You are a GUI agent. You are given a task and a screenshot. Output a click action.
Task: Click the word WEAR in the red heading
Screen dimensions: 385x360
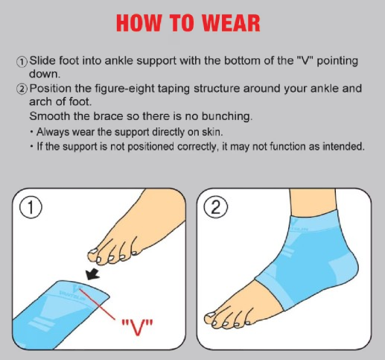[x=231, y=23]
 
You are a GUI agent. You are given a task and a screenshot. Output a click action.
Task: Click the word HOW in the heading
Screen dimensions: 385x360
[x=139, y=23]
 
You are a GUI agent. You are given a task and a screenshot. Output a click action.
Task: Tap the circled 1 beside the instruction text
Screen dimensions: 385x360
[x=22, y=62]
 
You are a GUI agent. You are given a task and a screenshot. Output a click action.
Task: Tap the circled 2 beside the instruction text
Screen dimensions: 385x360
[x=22, y=89]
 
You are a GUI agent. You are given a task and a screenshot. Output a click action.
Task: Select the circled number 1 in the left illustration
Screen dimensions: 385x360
[x=31, y=207]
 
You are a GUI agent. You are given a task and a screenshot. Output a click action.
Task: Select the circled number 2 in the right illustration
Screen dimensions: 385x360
[x=215, y=207]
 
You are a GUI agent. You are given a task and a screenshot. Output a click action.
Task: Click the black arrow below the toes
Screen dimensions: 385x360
[x=92, y=274]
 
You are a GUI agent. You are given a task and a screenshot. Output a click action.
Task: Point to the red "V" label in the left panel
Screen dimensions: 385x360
[x=137, y=326]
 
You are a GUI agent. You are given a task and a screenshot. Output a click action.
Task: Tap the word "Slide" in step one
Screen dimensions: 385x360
[x=42, y=60]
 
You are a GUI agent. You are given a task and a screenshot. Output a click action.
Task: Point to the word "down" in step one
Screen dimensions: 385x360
[x=45, y=74]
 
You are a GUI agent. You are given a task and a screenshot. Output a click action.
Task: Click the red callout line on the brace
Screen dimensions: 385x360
[x=97, y=303]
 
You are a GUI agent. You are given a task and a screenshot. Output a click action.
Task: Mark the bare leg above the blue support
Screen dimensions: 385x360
[x=314, y=201]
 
